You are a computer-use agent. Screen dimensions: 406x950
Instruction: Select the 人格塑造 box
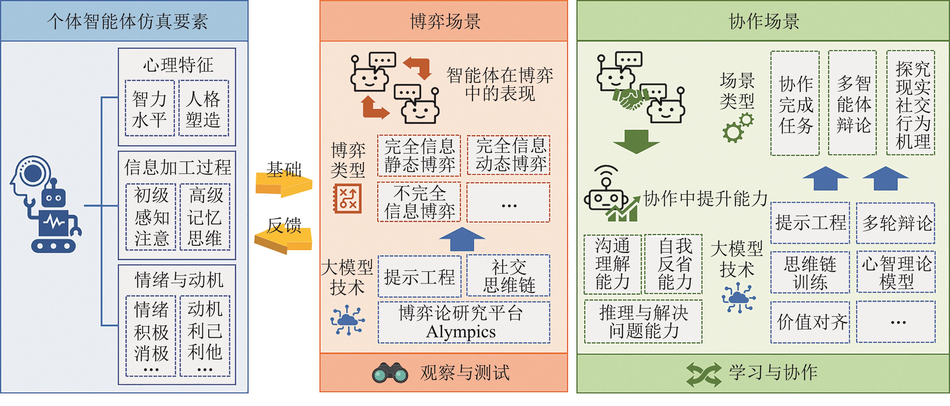coord(203,108)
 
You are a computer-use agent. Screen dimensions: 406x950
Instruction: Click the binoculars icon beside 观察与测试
coord(390,373)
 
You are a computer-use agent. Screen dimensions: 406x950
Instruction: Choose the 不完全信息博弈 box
coord(419,202)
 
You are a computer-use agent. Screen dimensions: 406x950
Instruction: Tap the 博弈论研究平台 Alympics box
coord(464,322)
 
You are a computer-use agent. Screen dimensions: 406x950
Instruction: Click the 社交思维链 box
coord(508,276)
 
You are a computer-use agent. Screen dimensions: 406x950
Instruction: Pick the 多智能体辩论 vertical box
coord(852,103)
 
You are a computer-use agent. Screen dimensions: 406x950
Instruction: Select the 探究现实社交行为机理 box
coord(911,103)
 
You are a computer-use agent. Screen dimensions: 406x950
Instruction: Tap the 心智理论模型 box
coord(896,272)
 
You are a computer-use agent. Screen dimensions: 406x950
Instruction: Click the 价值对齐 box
coord(810,322)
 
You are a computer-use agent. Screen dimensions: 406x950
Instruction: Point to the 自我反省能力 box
coord(673,264)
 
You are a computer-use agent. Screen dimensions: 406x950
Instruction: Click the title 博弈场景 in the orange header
coord(445,21)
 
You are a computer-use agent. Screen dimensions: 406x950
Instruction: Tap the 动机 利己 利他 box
coord(205,336)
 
